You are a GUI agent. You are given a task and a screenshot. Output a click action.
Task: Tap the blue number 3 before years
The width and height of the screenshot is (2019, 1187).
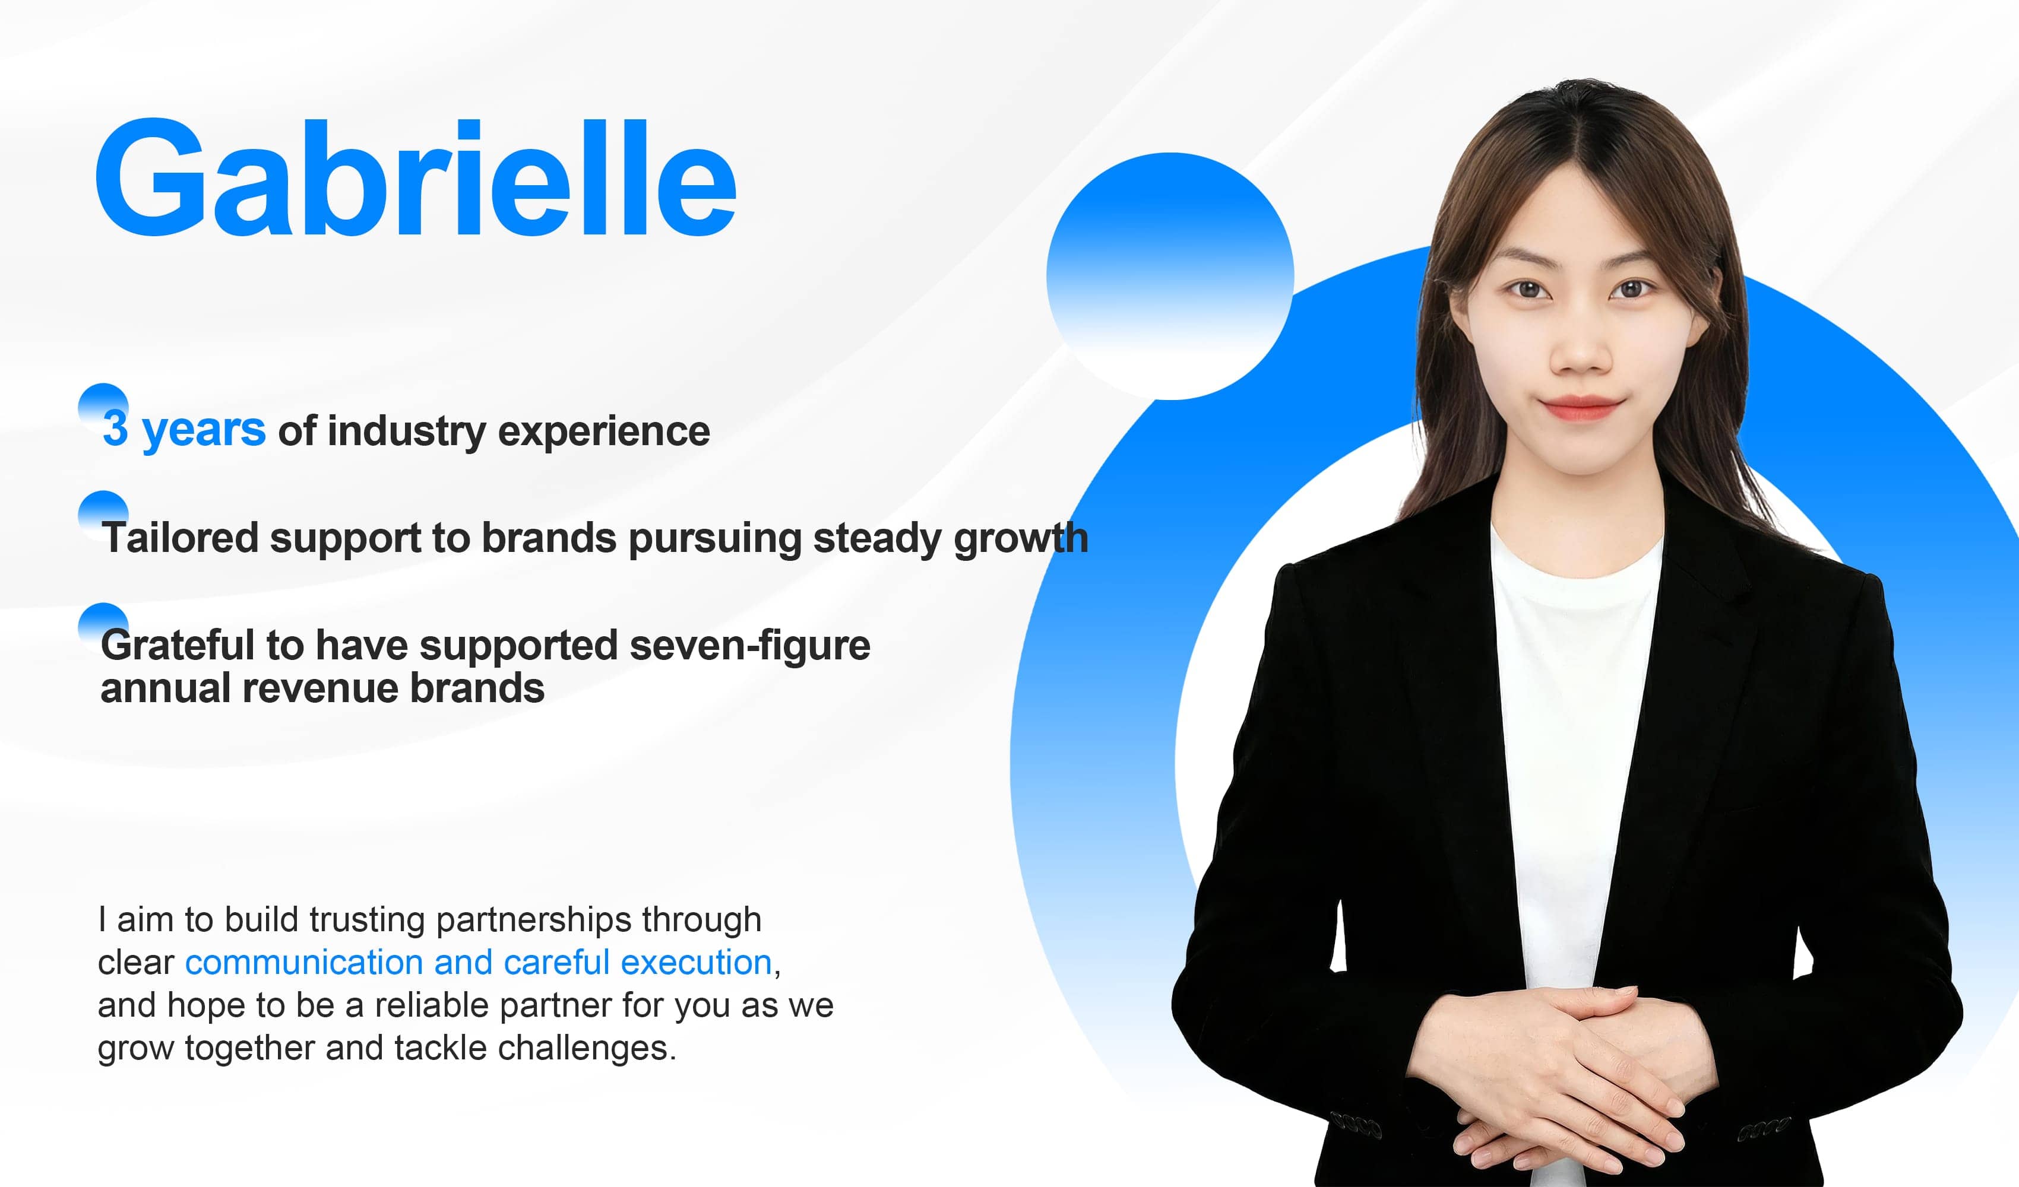click(115, 429)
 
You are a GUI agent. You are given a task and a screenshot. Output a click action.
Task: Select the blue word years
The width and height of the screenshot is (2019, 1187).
click(204, 431)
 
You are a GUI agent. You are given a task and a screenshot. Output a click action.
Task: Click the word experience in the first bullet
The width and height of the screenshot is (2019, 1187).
click(603, 433)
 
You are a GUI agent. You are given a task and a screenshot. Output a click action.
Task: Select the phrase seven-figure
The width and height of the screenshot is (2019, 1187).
click(749, 646)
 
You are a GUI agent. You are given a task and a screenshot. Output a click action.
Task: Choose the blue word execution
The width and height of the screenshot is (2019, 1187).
click(695, 962)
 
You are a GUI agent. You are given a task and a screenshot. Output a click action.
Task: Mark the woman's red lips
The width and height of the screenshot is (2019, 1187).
click(1581, 408)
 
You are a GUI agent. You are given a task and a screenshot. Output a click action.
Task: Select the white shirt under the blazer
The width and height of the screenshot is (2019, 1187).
click(1570, 721)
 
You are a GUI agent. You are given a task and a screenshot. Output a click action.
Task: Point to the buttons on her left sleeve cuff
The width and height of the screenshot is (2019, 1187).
click(1762, 1128)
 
